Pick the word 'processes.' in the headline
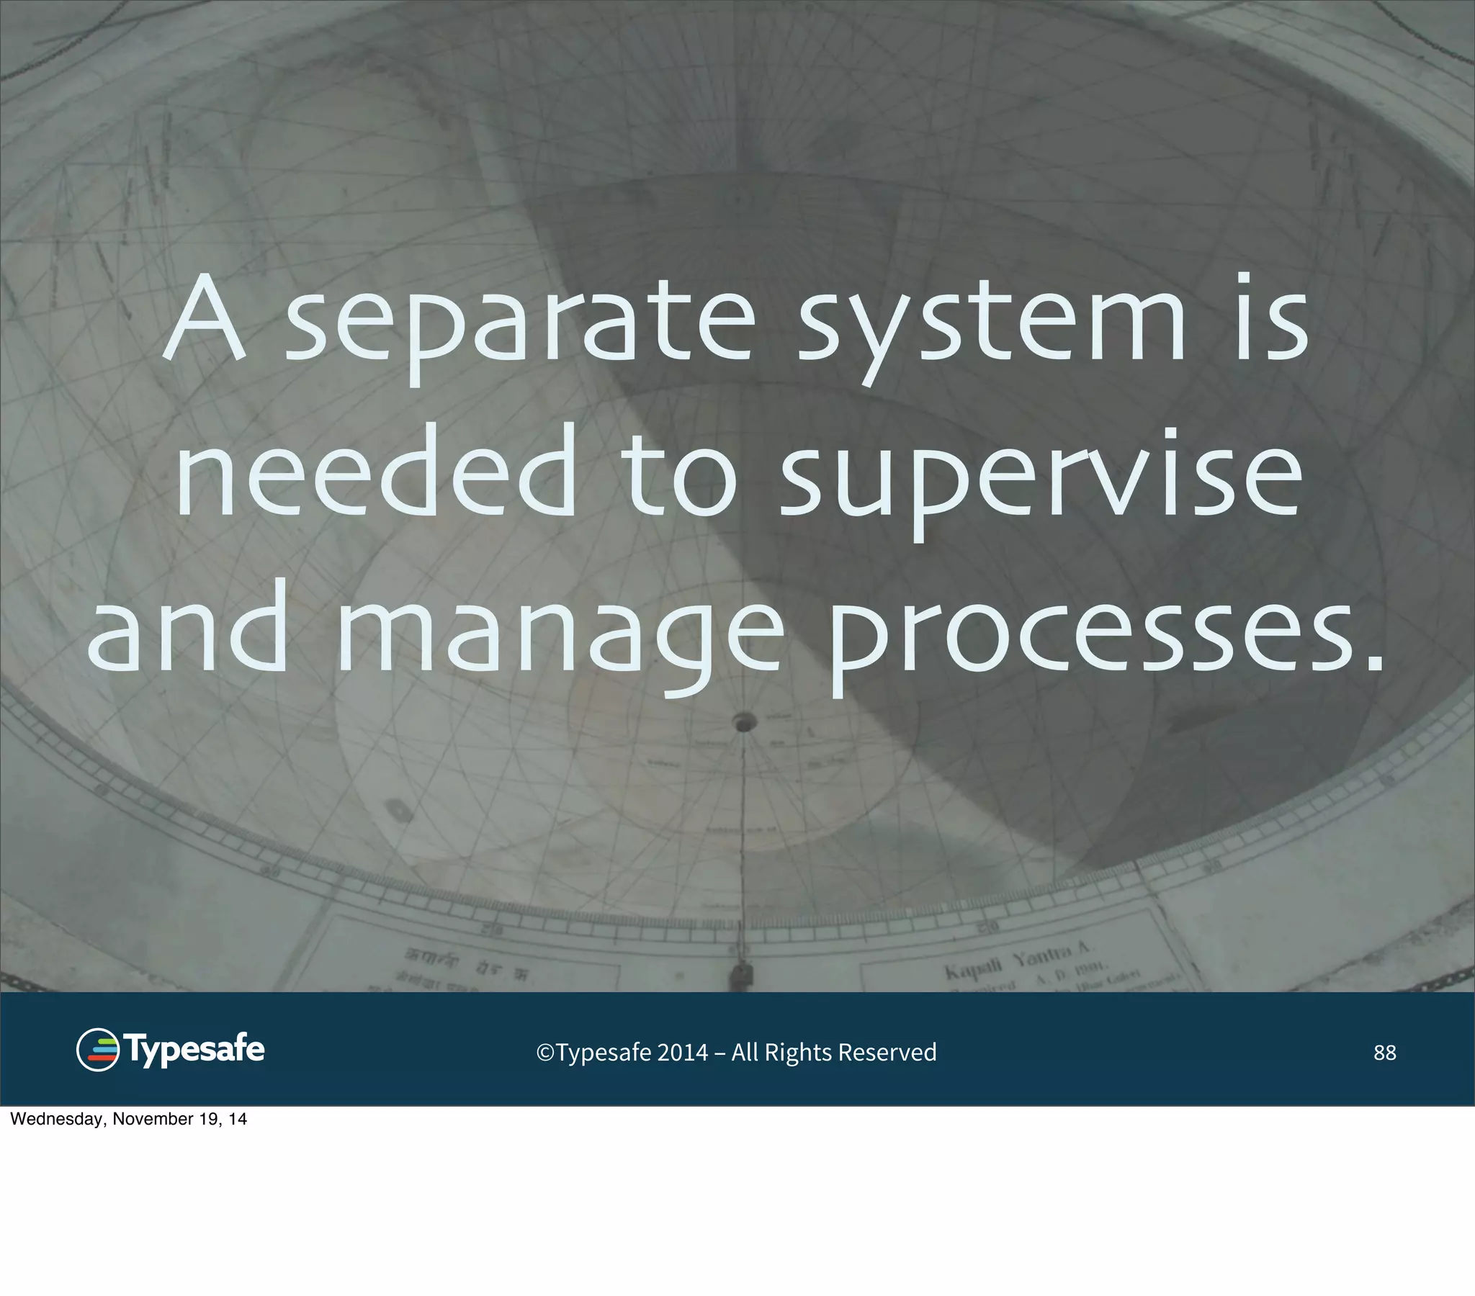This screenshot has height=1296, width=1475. [1104, 635]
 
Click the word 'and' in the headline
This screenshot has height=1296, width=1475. [188, 628]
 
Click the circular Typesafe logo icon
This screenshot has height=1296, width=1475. [97, 1050]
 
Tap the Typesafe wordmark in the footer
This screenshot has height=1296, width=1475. [195, 1050]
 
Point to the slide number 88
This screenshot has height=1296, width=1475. [1385, 1053]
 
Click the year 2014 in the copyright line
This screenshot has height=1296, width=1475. [682, 1053]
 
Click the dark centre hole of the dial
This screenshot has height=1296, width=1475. [744, 721]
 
